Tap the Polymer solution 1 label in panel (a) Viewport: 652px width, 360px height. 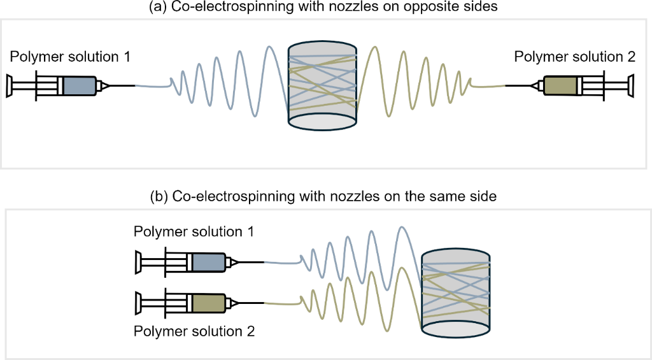point(70,57)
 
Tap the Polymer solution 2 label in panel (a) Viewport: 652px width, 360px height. point(574,57)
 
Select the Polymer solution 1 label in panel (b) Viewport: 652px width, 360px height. point(194,231)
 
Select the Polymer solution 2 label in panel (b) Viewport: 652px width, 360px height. point(194,331)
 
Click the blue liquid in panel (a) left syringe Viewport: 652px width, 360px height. point(79,86)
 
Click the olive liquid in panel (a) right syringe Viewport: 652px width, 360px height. point(561,86)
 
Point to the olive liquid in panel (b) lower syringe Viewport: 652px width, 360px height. point(208,302)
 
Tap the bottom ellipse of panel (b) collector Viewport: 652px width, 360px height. point(455,326)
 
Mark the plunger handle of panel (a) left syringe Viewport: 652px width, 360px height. point(10,86)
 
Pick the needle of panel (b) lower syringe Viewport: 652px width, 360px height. point(251,302)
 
